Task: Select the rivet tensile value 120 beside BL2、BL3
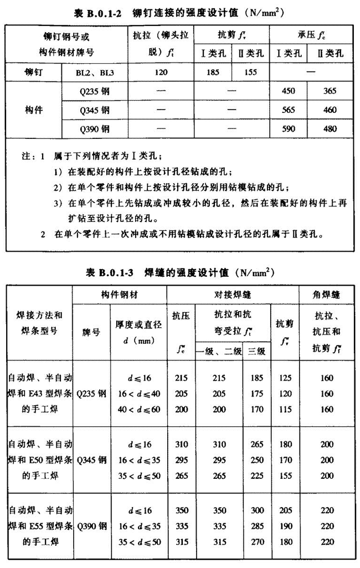(161, 71)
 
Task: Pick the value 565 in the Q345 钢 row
(288, 110)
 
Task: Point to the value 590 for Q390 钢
(288, 129)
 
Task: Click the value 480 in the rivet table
(330, 129)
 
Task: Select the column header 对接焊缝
(232, 295)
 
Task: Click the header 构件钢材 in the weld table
(119, 295)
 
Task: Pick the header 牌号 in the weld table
(90, 332)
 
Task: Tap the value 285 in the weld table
(256, 524)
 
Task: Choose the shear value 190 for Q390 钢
(285, 524)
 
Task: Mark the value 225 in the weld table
(256, 475)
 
